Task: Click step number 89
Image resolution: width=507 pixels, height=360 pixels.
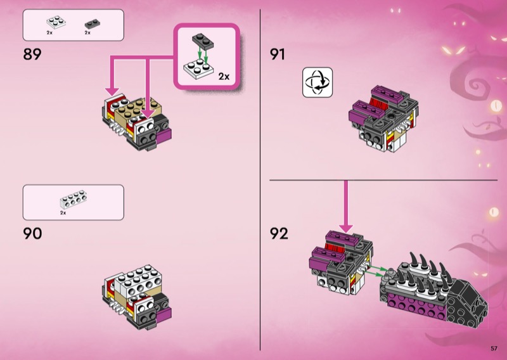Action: tap(32, 55)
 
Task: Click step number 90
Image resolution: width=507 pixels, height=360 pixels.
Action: tap(32, 234)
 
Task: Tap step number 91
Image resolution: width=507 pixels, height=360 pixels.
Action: tap(278, 55)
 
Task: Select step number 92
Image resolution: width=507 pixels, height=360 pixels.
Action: tap(278, 234)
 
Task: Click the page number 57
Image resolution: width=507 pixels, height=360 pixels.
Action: tap(494, 348)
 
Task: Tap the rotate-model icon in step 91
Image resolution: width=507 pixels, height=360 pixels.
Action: tap(318, 82)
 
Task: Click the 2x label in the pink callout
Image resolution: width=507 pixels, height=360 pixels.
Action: tap(224, 77)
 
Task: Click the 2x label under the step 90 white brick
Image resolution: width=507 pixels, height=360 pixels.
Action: tap(63, 213)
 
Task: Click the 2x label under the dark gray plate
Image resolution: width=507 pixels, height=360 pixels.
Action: tap(88, 32)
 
